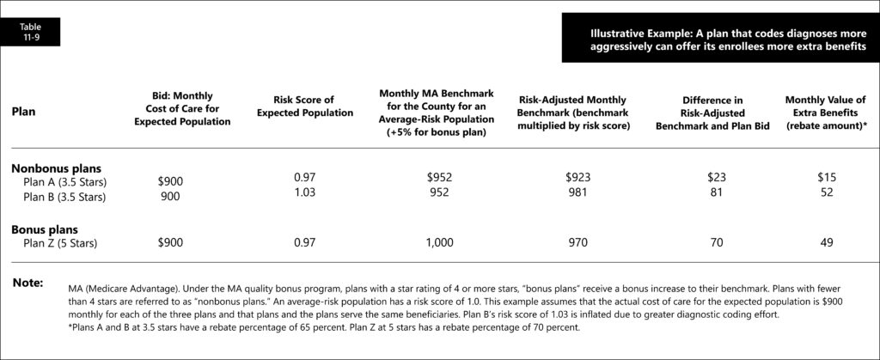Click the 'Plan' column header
tap(23, 112)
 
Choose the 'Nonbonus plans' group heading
tap(51, 168)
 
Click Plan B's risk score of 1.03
tap(304, 192)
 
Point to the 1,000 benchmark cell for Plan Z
tap(439, 244)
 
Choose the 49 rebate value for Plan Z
tap(826, 244)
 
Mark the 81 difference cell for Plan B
tap(716, 192)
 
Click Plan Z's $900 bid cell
tap(170, 244)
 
